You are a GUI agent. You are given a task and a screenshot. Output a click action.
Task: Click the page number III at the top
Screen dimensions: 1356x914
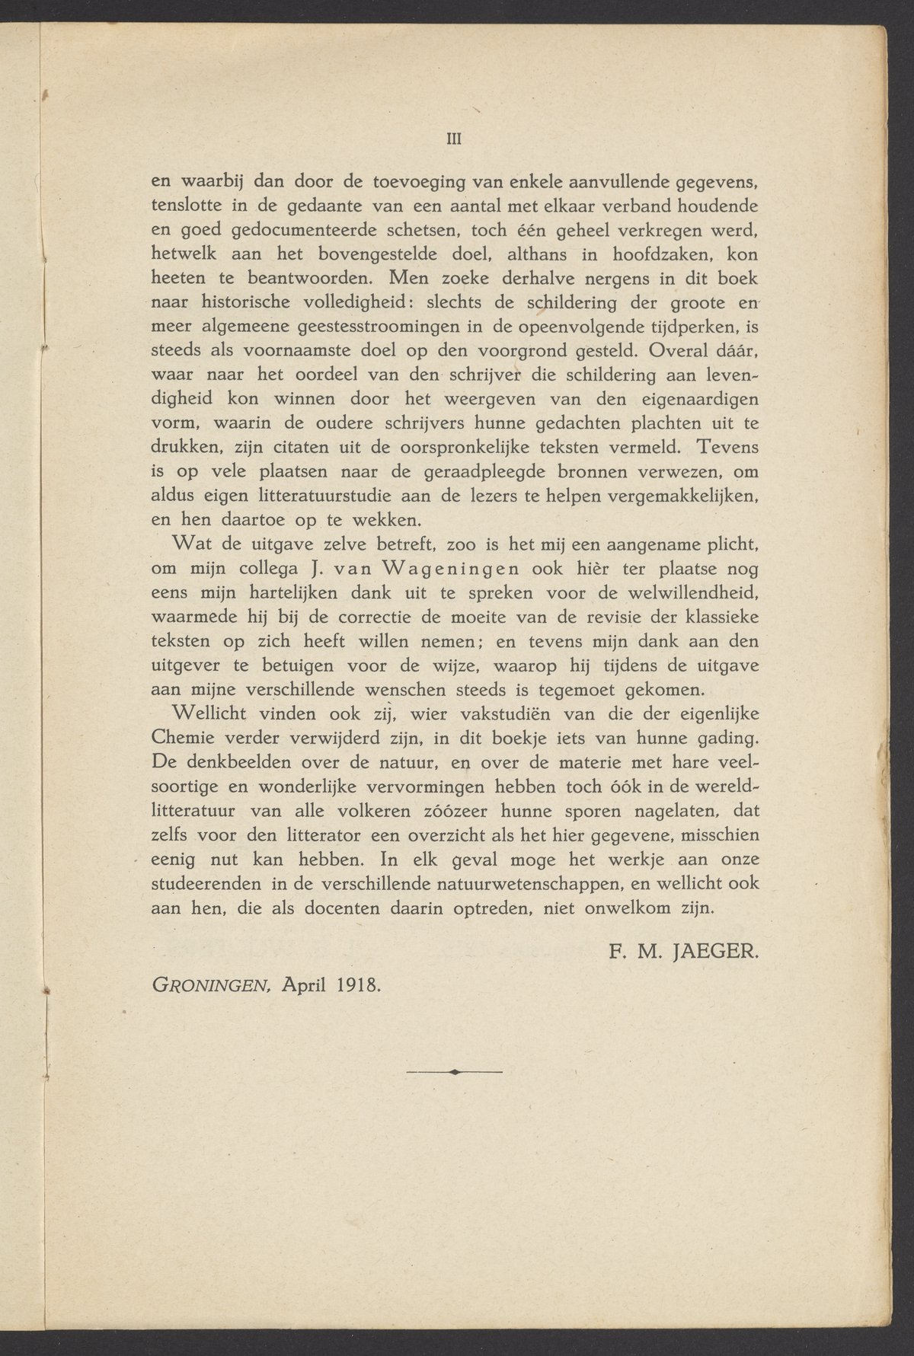point(454,139)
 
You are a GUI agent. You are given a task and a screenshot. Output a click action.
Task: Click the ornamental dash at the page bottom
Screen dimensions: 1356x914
point(455,1071)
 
